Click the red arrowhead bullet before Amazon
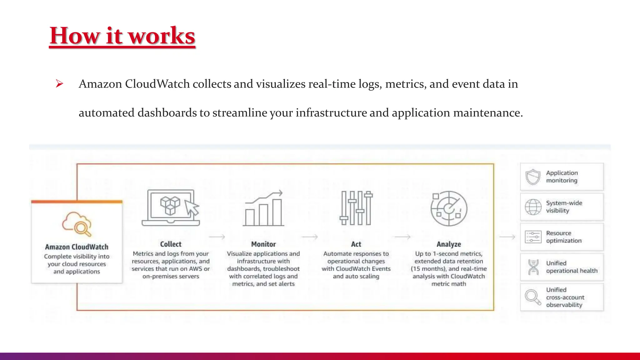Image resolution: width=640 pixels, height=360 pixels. point(59,84)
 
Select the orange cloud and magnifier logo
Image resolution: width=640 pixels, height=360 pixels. point(77,224)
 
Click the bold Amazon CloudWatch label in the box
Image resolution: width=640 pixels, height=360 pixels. point(77,247)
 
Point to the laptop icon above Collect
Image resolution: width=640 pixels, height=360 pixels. point(171,207)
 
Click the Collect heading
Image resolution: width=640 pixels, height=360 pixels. point(171,244)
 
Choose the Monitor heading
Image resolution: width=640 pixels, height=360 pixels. point(263,244)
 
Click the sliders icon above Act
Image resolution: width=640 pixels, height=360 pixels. point(356,208)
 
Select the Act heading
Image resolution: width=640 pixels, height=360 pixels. point(356,244)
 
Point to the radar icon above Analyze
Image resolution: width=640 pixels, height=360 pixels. point(449,208)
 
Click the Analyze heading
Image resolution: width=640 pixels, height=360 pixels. point(449,244)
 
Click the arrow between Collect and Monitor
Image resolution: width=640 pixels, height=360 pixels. point(217,237)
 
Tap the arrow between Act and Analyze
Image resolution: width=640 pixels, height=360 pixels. point(402,237)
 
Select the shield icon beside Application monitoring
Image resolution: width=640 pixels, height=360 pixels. point(533,177)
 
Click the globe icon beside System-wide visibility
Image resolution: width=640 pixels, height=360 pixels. point(533,207)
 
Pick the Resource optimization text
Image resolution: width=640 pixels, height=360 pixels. point(564,237)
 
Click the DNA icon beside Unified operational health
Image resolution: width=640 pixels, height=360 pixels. point(533,267)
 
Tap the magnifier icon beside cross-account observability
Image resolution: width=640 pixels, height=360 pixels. point(533,297)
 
